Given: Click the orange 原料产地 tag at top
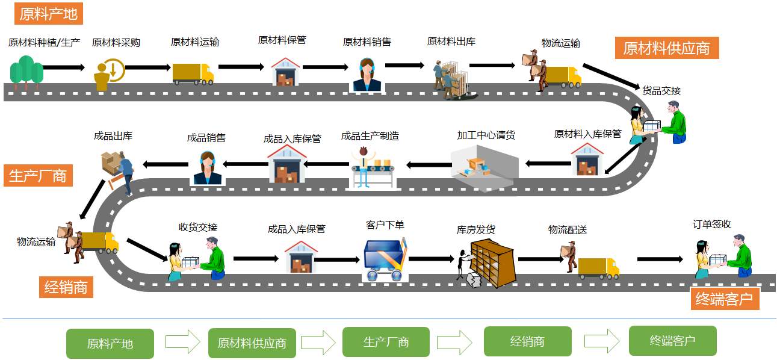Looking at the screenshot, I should pyautogui.click(x=48, y=14).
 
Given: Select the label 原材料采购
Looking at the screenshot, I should pyautogui.click(x=116, y=43).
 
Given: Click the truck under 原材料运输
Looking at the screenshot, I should pyautogui.click(x=193, y=73).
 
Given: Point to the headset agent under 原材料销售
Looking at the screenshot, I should pyautogui.click(x=367, y=75).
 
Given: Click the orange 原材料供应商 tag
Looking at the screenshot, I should pyautogui.click(x=666, y=48).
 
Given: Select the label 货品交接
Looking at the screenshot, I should pyautogui.click(x=661, y=91).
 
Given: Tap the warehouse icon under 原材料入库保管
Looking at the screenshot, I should pyautogui.click(x=587, y=160).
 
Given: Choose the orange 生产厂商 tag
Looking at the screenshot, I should pyautogui.click(x=37, y=176).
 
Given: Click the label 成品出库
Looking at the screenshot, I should pyautogui.click(x=113, y=136).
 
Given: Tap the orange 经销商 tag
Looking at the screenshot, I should pyautogui.click(x=66, y=287).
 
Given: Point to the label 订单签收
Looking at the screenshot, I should pyautogui.click(x=712, y=224).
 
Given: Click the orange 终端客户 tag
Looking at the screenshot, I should pyautogui.click(x=724, y=299).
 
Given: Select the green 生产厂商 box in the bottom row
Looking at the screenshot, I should pyautogui.click(x=386, y=342).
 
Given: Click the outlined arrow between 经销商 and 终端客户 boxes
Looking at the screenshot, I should pyautogui.click(x=601, y=341).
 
